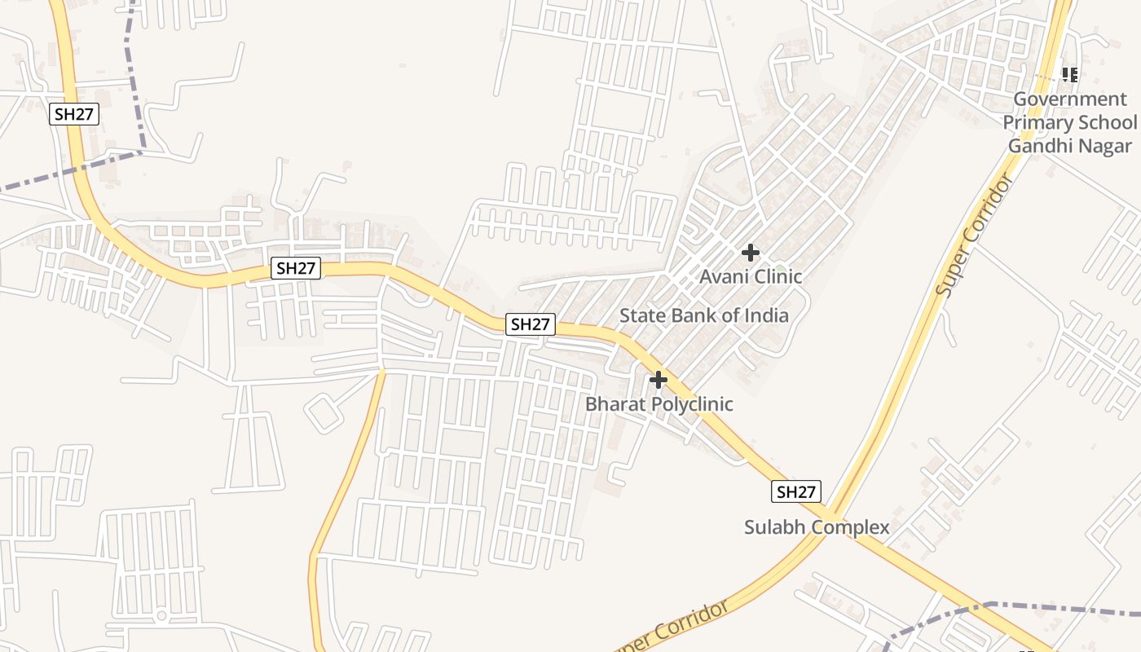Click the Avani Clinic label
point(751,277)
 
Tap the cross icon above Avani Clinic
point(751,253)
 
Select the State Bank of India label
point(704,315)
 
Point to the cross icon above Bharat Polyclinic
point(659,380)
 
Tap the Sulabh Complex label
point(817,527)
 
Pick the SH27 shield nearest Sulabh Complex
point(795,492)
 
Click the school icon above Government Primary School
point(1070,76)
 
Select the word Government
point(1070,99)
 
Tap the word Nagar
point(1106,146)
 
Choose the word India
point(767,315)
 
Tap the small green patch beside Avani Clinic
point(780,268)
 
